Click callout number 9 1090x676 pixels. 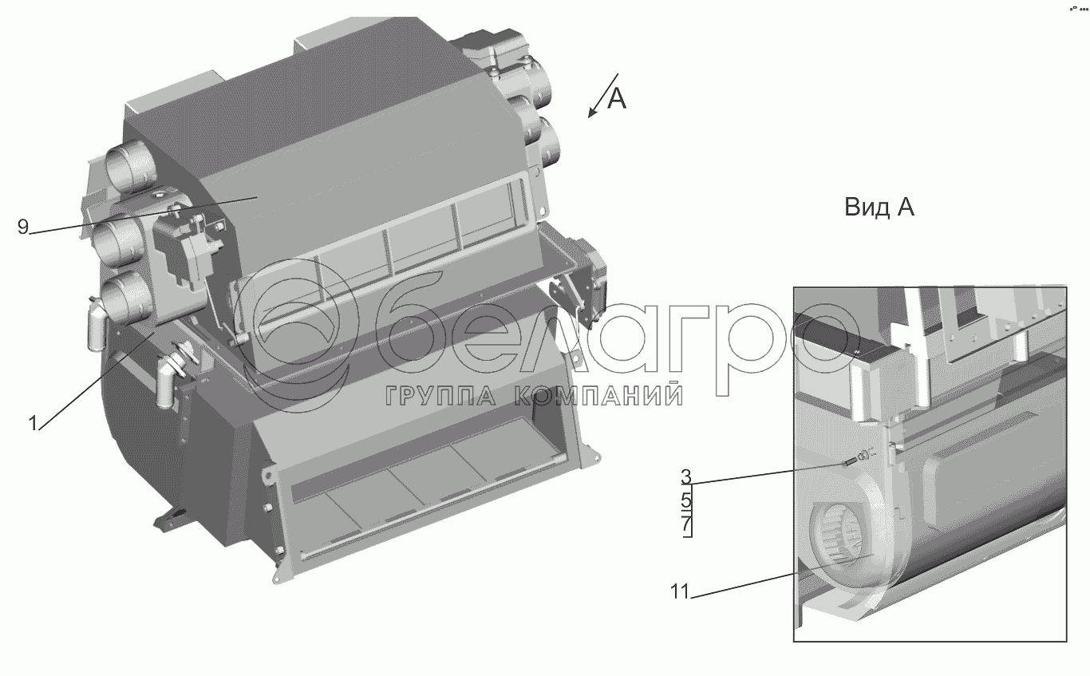pos(23,227)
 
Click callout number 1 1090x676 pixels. pos(33,424)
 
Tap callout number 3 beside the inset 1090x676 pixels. pos(685,477)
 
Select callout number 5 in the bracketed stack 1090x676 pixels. pos(685,500)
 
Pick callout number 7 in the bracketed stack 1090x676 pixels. pos(686,524)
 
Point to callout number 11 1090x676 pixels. pos(680,592)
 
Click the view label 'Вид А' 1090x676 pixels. pos(879,208)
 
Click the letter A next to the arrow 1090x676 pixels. pos(617,99)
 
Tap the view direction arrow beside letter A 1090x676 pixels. pos(603,96)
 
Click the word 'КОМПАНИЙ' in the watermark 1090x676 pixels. pos(598,396)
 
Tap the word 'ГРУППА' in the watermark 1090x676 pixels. pos(440,396)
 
